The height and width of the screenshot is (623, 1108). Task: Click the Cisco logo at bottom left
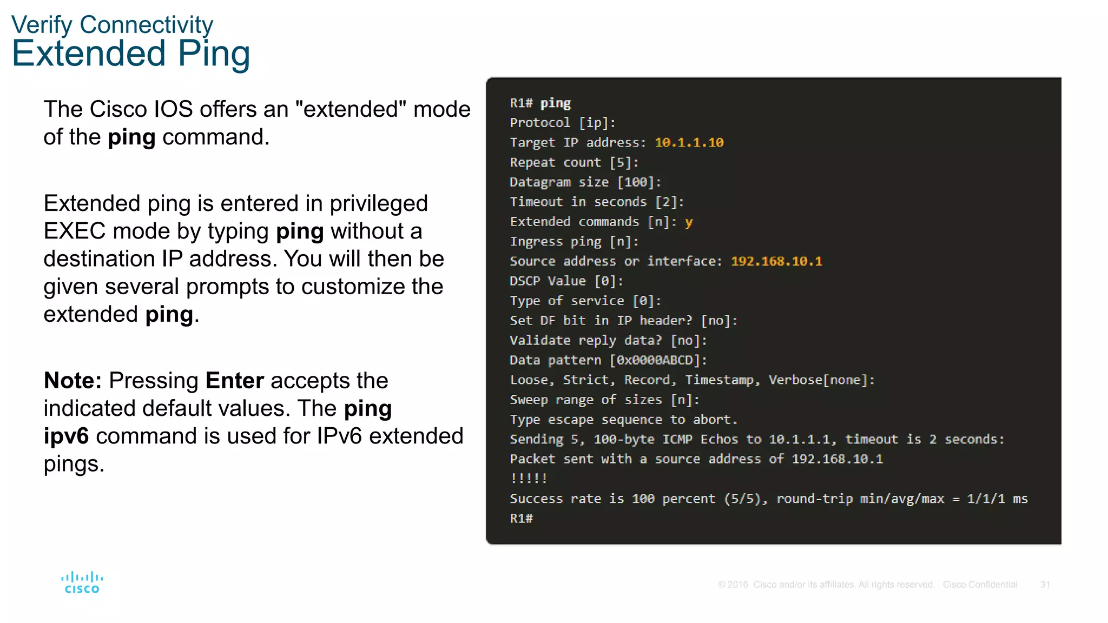[82, 582]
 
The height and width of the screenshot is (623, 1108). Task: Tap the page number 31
[1045, 585]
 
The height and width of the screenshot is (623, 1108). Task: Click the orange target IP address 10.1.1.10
[689, 143]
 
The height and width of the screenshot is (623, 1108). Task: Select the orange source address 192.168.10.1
[776, 262]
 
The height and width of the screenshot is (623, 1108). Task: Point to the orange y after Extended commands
[689, 222]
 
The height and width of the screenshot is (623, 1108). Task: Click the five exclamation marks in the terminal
[529, 479]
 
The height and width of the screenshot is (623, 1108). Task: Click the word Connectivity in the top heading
[146, 25]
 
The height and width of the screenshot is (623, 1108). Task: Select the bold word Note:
[72, 381]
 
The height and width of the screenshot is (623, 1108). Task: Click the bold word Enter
[235, 381]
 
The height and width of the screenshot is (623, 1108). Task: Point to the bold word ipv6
[66, 436]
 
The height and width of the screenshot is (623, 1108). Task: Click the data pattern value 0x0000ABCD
[655, 361]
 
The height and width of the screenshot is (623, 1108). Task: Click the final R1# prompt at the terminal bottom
[521, 519]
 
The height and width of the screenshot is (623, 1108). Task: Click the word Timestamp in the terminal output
[719, 380]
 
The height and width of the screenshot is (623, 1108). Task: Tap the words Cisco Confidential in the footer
[980, 585]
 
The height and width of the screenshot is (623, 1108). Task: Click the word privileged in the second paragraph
[379, 204]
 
